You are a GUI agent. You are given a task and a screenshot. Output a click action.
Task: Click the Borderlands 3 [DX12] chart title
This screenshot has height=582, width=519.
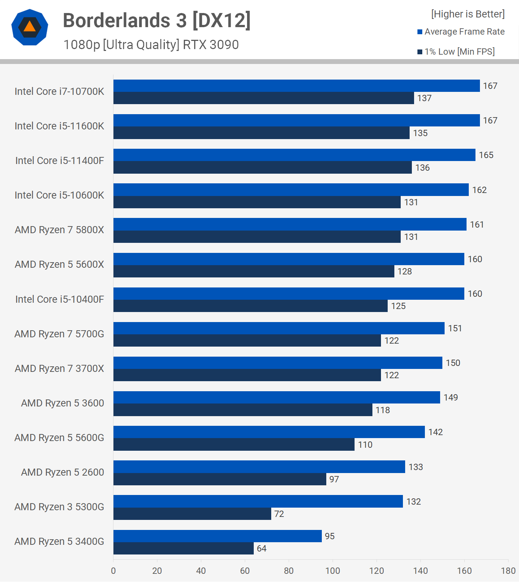click(x=157, y=20)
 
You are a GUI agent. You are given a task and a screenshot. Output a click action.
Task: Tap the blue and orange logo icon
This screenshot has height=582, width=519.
click(x=30, y=27)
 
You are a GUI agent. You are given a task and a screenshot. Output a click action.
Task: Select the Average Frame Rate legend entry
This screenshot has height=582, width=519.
click(x=461, y=32)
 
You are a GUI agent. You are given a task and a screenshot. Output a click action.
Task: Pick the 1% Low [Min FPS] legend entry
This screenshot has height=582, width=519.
click(x=456, y=52)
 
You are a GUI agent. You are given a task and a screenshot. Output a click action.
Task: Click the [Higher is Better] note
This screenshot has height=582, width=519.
click(x=468, y=14)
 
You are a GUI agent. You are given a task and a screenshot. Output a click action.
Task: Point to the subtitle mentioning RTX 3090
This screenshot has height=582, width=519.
click(x=151, y=45)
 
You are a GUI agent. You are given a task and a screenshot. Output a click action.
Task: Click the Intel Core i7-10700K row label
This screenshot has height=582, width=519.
click(x=59, y=91)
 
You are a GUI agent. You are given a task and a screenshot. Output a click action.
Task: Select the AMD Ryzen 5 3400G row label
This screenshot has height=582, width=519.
click(x=59, y=541)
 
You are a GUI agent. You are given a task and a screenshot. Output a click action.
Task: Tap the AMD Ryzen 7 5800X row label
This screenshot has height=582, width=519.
click(x=59, y=230)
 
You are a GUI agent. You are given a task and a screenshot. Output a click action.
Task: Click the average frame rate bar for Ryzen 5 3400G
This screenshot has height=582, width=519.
click(x=217, y=536)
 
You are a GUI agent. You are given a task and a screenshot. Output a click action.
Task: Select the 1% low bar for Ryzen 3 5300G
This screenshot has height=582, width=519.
click(x=192, y=514)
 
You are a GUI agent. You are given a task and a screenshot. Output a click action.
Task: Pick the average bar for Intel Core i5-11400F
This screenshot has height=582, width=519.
click(x=294, y=155)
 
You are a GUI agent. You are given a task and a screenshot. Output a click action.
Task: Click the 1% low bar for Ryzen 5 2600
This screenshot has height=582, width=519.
click(x=220, y=479)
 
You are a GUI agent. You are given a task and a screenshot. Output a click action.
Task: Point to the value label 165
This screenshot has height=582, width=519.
click(x=486, y=155)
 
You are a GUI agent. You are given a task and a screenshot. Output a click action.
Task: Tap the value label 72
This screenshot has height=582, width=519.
click(x=279, y=514)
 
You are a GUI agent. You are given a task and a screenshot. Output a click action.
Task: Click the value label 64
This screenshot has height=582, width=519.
click(x=262, y=549)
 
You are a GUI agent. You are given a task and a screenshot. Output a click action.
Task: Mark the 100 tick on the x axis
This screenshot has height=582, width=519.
click(x=333, y=571)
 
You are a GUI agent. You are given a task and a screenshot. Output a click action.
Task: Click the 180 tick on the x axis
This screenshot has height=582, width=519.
click(x=508, y=571)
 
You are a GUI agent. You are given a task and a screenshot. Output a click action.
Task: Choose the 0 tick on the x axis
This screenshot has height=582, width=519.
click(x=113, y=571)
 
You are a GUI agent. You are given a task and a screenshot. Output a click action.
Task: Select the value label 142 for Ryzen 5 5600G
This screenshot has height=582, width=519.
click(x=435, y=432)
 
